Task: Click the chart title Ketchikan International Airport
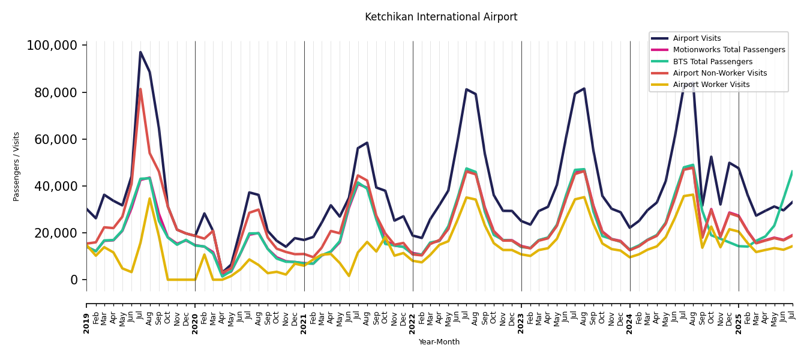click(441, 17)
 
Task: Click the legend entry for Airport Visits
click(697, 38)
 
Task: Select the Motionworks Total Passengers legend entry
click(728, 50)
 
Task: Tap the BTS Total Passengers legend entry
click(712, 62)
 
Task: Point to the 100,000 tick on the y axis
click(52, 46)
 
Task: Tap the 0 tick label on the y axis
click(74, 280)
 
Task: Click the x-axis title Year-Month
click(439, 342)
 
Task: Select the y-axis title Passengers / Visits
click(17, 166)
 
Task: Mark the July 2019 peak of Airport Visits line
click(140, 52)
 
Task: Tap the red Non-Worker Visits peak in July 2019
click(140, 89)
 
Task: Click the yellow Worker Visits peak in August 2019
click(149, 199)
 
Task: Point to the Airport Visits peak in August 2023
click(584, 89)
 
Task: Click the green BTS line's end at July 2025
click(792, 172)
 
